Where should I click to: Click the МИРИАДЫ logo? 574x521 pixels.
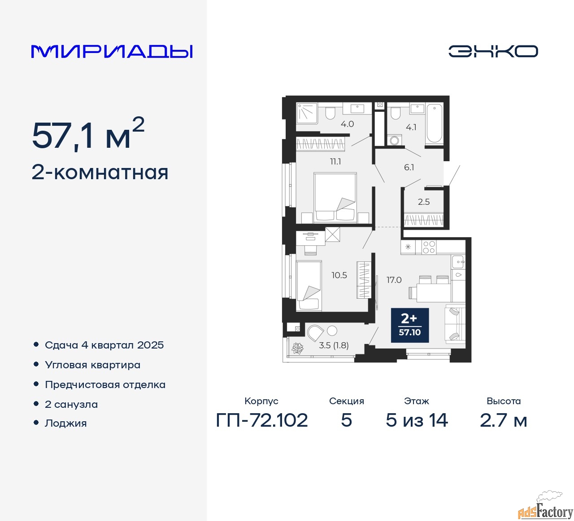coord(112,52)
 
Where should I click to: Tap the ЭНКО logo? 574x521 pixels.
coord(493,51)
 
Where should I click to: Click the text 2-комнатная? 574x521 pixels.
coord(100,173)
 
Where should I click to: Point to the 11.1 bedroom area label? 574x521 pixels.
coord(335,162)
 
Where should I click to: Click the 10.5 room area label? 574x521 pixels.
coord(339,275)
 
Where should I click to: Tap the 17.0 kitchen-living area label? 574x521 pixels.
coord(394,280)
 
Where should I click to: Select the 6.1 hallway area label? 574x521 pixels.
coord(409,167)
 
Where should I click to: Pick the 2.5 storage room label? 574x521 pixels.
coord(424,202)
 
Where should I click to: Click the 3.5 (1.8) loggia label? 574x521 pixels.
coord(334,345)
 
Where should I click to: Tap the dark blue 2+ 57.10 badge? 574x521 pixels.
coord(410,325)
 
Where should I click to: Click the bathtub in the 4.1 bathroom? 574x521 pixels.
coord(435,123)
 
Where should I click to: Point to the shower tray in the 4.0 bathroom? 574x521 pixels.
coord(307,113)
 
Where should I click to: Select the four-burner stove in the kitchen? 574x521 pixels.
coord(429,247)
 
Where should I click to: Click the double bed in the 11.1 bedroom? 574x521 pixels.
coord(335,198)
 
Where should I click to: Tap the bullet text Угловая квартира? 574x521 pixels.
coord(92,365)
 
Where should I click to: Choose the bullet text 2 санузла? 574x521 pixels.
coord(71,404)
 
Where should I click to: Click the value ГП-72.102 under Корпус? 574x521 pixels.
coord(261,420)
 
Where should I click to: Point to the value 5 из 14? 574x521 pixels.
coord(417,420)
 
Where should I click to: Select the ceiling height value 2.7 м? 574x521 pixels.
coord(503,420)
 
